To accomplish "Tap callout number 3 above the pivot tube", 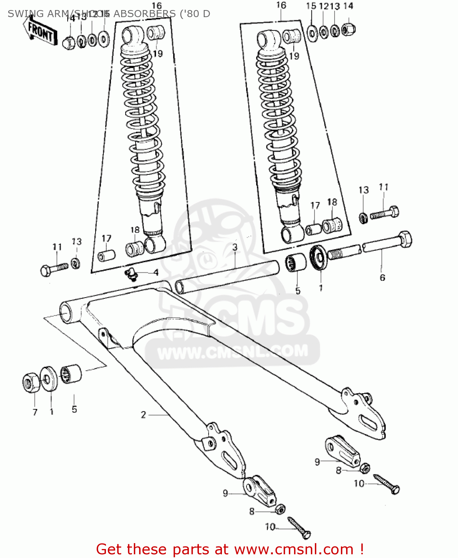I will (x=235, y=247).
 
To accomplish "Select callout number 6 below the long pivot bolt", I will (x=382, y=278).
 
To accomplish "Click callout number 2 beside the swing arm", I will (x=143, y=415).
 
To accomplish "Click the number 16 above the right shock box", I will (x=281, y=5).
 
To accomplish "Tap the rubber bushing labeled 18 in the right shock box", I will (x=332, y=225).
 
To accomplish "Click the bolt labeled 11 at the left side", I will (x=54, y=269).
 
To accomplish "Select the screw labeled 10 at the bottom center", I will (x=299, y=527).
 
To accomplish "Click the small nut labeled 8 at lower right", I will (x=365, y=468).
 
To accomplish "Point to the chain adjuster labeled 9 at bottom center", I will (x=259, y=490).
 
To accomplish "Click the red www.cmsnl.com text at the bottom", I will (x=294, y=549).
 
